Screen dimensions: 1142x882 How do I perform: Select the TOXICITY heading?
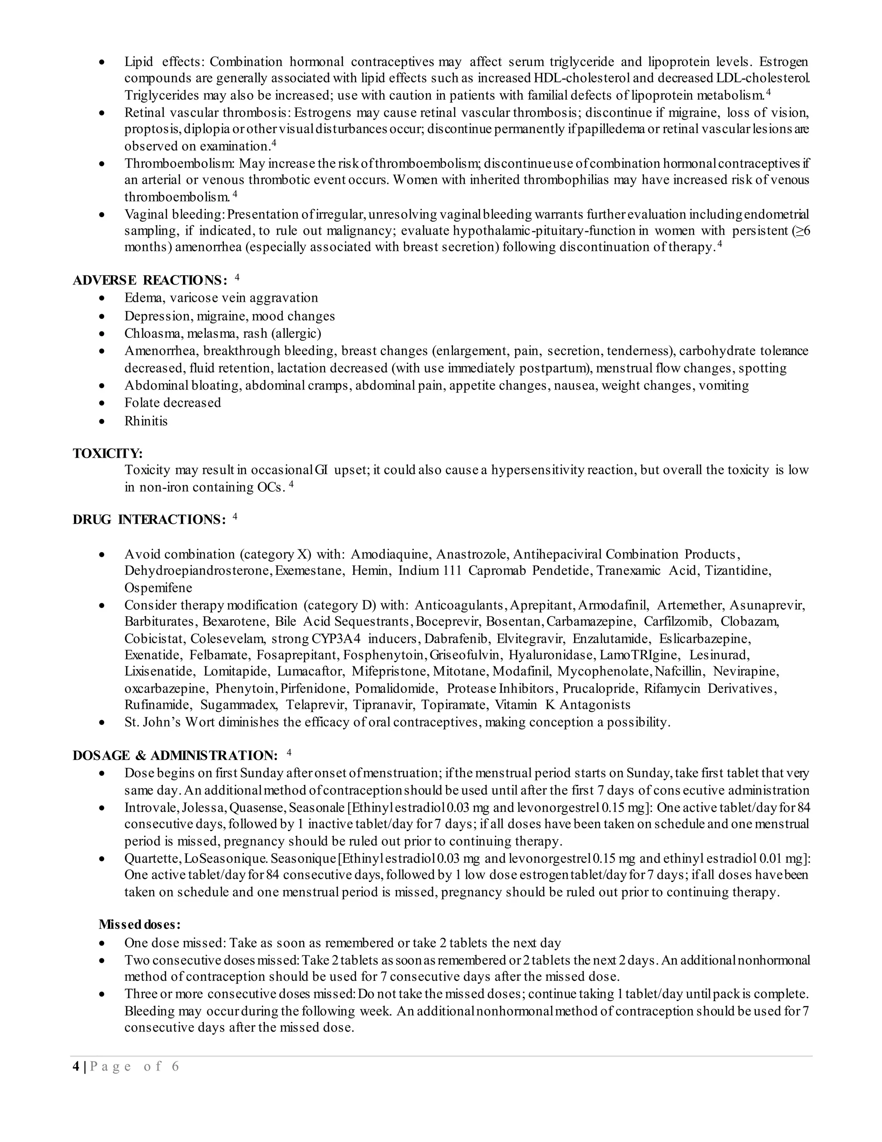coord(108,453)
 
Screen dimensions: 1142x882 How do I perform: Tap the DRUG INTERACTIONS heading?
coord(149,520)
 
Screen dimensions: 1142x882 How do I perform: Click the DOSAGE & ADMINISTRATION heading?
coord(174,755)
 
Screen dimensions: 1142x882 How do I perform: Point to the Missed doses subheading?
coord(140,924)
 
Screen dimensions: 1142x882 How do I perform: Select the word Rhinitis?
coord(146,421)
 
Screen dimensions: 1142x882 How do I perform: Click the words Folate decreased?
coord(172,403)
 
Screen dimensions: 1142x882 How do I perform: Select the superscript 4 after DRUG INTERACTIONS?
coord(235,517)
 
